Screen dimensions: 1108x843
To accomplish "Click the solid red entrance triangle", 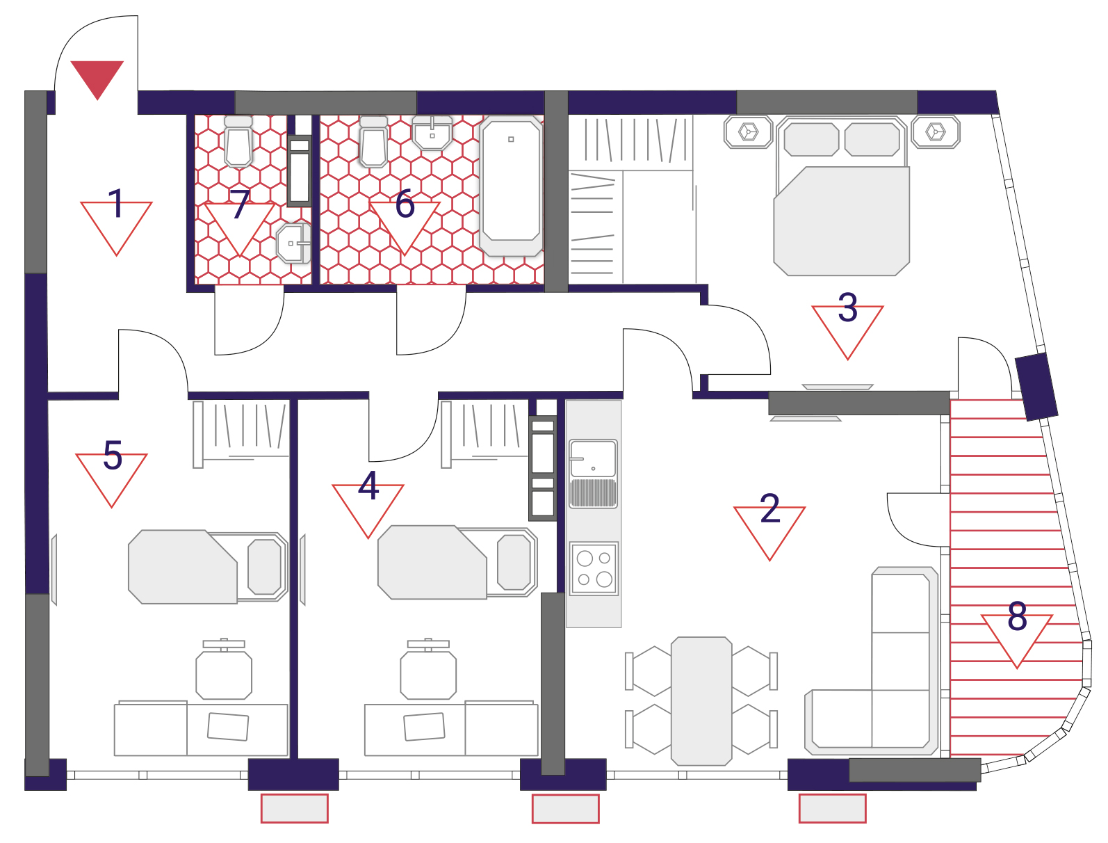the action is point(97,77).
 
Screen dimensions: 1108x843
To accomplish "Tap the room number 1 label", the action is point(117,203).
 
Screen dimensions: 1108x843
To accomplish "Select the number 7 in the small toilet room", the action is point(240,204).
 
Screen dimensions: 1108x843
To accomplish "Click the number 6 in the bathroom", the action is point(405,204).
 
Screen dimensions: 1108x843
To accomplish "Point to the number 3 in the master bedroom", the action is point(847,307).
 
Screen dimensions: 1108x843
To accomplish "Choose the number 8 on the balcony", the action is point(1017,616).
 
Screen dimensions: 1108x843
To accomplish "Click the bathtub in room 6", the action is point(511,186).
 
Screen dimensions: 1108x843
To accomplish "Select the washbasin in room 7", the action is point(293,243).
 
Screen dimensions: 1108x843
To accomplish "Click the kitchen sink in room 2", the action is point(593,473).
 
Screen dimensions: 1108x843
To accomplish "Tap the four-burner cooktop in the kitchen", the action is point(594,568).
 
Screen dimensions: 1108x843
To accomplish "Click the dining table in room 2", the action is point(701,700).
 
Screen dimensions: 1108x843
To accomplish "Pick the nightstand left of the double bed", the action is point(748,132).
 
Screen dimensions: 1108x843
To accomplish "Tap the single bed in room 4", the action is point(457,562).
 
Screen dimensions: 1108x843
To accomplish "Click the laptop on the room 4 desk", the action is point(424,726).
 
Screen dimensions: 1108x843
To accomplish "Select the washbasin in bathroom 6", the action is point(432,133).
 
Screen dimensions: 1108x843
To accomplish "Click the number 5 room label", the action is point(113,455).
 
